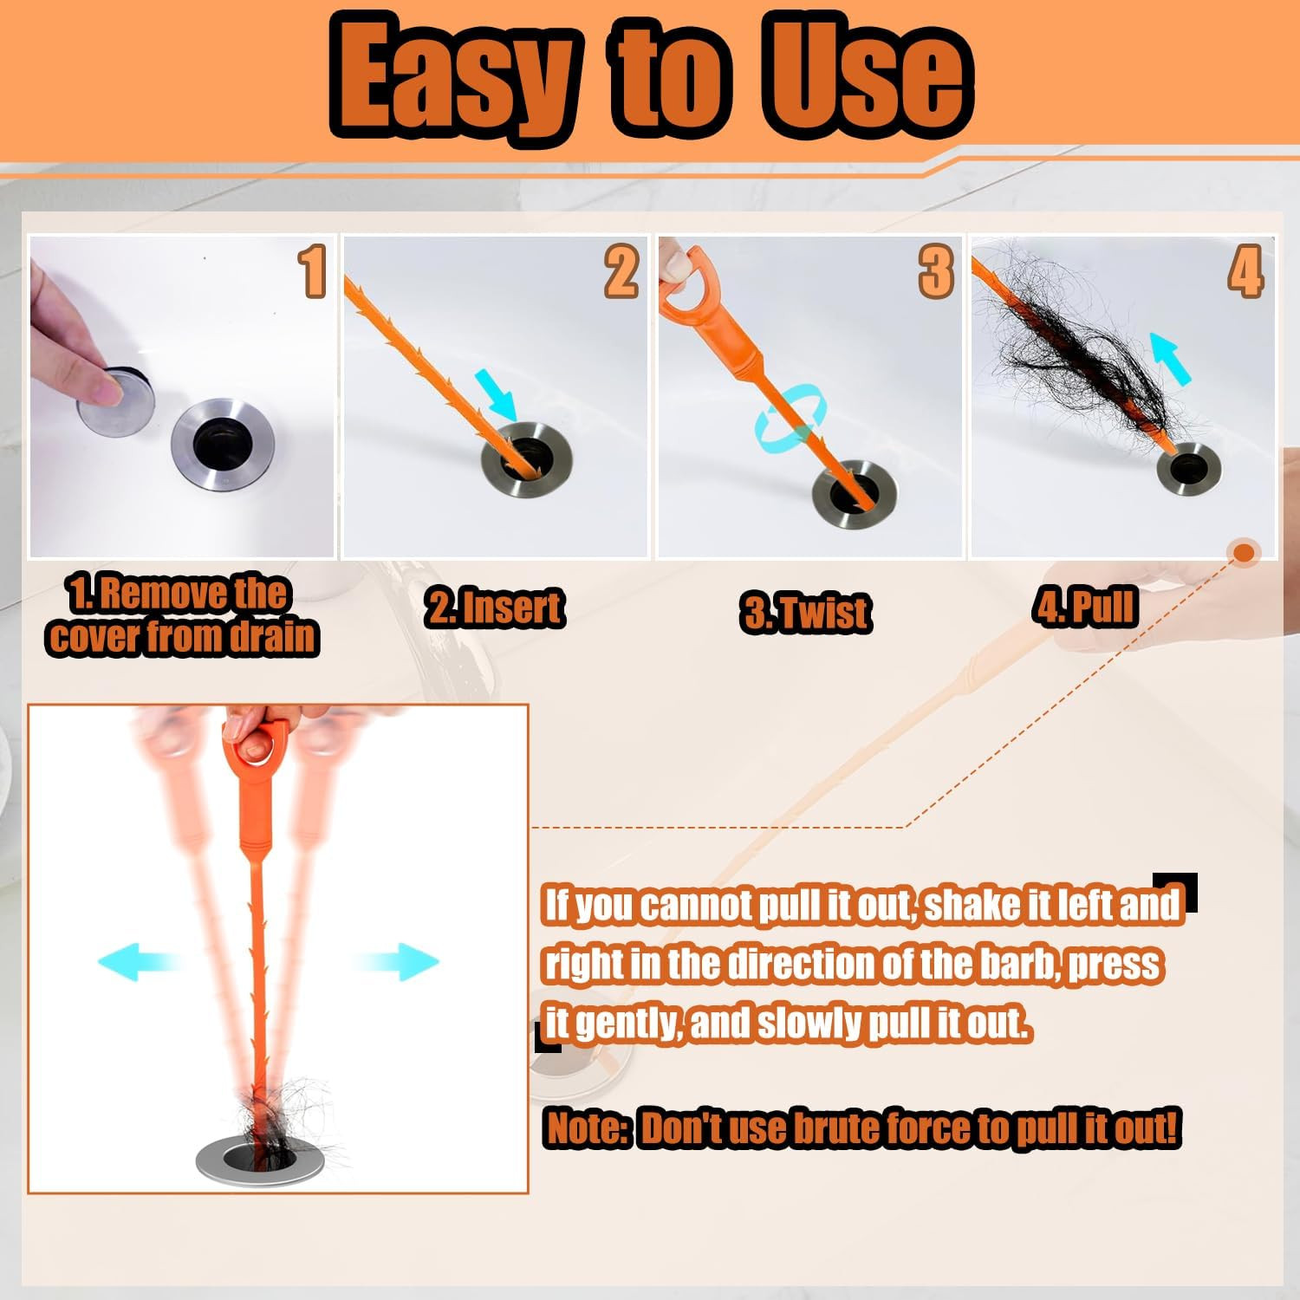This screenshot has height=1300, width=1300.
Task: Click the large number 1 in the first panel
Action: coord(313,271)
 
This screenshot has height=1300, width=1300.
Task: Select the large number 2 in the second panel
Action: coord(621,271)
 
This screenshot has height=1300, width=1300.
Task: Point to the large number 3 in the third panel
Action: coord(936,271)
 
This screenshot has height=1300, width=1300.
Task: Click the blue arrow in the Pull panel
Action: coord(1171,356)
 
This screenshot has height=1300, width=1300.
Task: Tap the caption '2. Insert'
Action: coord(494,607)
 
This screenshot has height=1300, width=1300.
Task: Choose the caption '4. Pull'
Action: coord(1084,607)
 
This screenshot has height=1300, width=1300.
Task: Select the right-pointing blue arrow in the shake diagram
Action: coord(397,961)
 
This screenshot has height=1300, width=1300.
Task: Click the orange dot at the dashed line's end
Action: coord(1245,552)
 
